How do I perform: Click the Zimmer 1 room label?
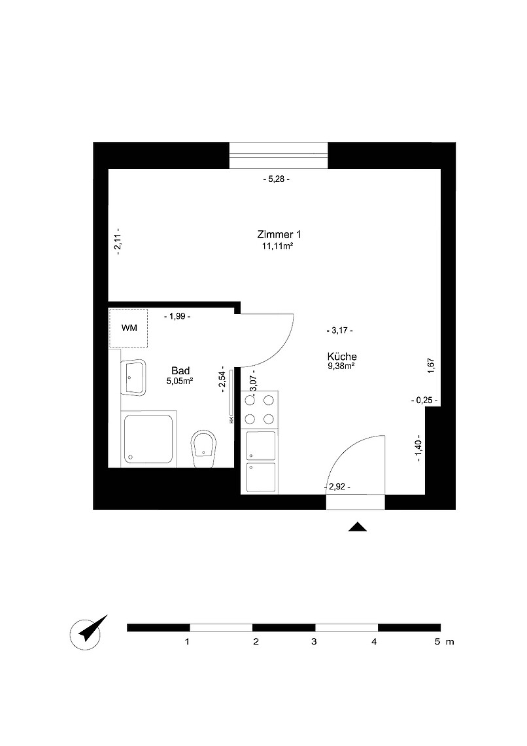click(x=279, y=234)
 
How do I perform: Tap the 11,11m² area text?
click(x=277, y=246)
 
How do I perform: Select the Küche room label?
click(x=342, y=357)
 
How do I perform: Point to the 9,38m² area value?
click(x=341, y=366)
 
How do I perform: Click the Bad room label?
click(x=180, y=370)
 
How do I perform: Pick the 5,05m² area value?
click(x=180, y=381)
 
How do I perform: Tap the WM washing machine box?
click(x=128, y=329)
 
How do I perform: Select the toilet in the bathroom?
click(x=203, y=450)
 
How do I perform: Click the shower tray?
click(x=148, y=438)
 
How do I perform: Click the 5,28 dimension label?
click(x=277, y=179)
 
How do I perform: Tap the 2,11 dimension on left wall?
click(x=118, y=241)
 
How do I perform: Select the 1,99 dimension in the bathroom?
click(x=177, y=316)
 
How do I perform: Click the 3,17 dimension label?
click(x=340, y=330)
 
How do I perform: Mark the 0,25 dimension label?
click(x=424, y=400)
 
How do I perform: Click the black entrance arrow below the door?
click(x=358, y=527)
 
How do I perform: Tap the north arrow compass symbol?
click(x=87, y=633)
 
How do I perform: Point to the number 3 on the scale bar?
click(x=314, y=642)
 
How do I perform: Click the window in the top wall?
click(x=279, y=156)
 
